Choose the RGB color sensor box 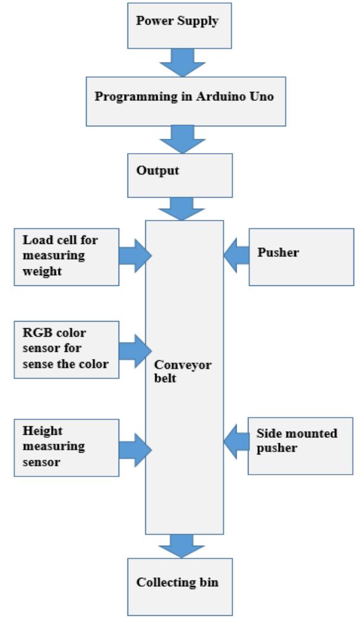[66, 350]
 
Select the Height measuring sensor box [66, 447]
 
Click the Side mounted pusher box [296, 440]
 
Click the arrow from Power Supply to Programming [182, 62]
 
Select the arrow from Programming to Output [182, 138]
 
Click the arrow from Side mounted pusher [235, 441]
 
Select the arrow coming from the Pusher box [235, 256]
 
